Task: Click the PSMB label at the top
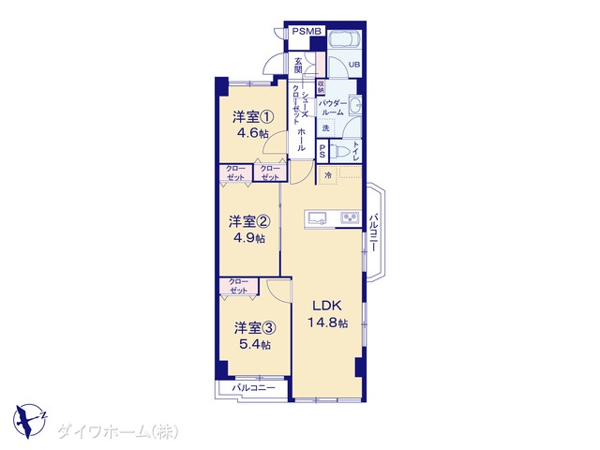coord(306,31)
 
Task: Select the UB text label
coord(354,65)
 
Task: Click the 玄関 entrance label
coord(297,64)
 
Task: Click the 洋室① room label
coord(253,118)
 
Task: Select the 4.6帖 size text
coord(252,134)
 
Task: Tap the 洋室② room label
coord(250,222)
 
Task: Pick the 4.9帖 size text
coord(249,238)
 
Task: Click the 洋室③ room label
coord(255,328)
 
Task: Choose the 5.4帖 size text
coord(254,344)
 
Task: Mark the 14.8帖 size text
coord(325,322)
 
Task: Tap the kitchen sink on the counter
coord(314,218)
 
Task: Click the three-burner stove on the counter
coord(350,218)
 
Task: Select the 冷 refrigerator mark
coord(328,174)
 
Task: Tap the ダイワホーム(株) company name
coord(117,431)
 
